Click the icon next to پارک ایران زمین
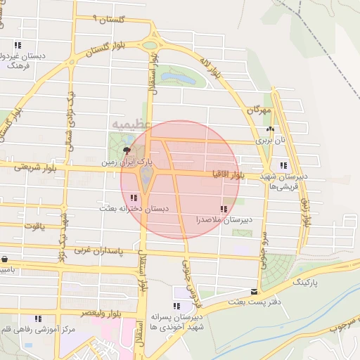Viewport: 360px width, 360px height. point(127,150)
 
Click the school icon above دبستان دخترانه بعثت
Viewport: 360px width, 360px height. point(134,198)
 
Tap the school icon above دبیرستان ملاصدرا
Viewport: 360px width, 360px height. point(224,209)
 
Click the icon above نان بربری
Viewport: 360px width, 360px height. point(270,129)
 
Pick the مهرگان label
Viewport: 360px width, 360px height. point(259,111)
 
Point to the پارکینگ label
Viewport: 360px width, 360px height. point(305,281)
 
